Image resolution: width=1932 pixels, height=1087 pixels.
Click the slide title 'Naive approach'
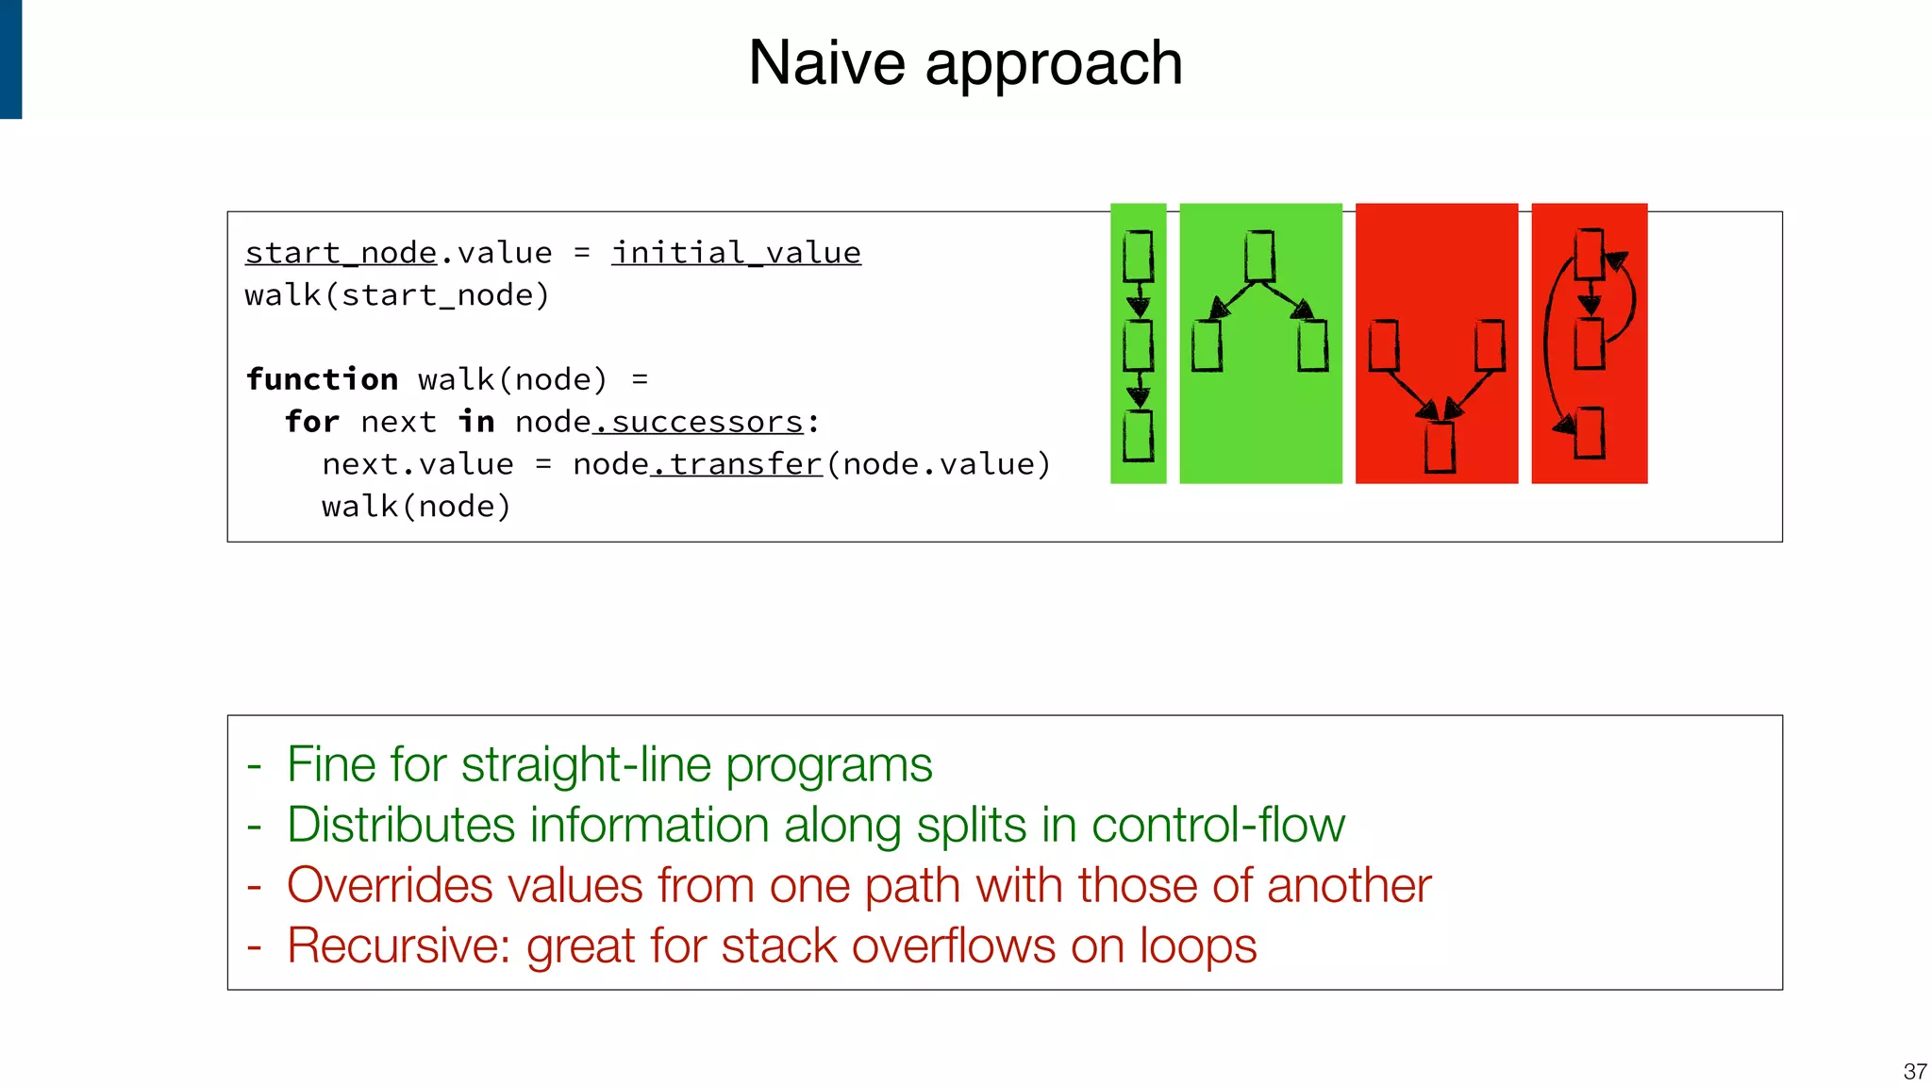(x=965, y=64)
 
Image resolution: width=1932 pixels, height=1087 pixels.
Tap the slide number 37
(x=1914, y=1071)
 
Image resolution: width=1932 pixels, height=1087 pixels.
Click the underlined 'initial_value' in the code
(x=736, y=253)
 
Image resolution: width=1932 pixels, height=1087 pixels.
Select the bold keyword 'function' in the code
(x=322, y=379)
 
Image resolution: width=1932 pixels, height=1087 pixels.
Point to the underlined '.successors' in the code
(x=698, y=422)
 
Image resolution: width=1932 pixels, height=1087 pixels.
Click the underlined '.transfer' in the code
(x=737, y=464)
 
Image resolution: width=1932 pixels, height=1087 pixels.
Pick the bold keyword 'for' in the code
(x=311, y=422)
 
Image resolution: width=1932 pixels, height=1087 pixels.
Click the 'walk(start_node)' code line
(x=397, y=295)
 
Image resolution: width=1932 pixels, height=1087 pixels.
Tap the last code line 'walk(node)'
(x=416, y=507)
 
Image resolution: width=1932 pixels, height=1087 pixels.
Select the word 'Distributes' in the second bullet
(x=400, y=825)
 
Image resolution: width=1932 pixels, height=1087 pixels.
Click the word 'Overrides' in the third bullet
(x=390, y=885)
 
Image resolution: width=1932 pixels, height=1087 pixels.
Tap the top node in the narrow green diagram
(x=1139, y=256)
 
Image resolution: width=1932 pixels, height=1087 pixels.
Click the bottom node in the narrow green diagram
(x=1139, y=435)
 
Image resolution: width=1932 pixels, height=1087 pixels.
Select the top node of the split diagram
(x=1259, y=256)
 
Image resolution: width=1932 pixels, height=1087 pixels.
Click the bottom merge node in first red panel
(x=1440, y=446)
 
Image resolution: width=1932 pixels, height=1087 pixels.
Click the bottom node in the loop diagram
(x=1590, y=432)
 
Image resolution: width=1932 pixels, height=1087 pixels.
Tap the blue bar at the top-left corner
(x=10, y=59)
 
